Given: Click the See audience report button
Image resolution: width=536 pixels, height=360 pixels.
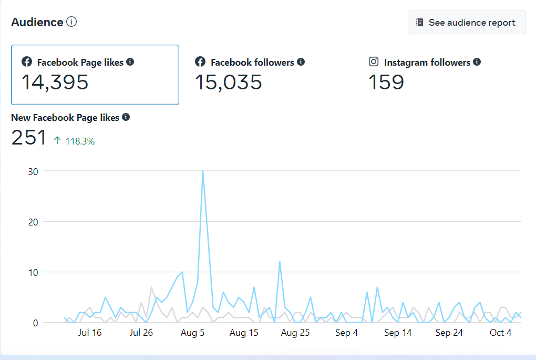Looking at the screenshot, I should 467,23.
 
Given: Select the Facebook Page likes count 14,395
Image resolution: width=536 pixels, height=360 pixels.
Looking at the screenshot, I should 55,83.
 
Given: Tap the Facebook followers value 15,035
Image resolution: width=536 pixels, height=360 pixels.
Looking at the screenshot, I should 228,83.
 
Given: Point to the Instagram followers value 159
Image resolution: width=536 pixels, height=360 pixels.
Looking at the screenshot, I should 386,83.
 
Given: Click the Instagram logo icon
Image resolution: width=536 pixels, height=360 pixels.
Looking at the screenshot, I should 374,62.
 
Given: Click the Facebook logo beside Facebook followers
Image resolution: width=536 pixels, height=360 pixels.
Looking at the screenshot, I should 200,62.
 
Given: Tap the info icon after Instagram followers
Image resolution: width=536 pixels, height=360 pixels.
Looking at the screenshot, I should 477,62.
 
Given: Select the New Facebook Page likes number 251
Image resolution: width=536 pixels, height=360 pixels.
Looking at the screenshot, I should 29,138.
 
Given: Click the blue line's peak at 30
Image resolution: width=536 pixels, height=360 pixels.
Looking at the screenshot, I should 203,171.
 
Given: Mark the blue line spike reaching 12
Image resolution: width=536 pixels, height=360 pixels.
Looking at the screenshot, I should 280,262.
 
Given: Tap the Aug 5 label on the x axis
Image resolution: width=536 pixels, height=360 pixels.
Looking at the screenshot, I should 193,333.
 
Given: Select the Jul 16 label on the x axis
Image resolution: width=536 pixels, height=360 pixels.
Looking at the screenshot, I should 89,333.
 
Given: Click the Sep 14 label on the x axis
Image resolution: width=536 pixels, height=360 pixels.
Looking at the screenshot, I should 398,333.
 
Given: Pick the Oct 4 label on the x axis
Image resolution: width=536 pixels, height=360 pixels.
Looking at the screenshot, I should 500,333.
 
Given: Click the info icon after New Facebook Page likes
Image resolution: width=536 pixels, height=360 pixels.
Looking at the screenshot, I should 126,117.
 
